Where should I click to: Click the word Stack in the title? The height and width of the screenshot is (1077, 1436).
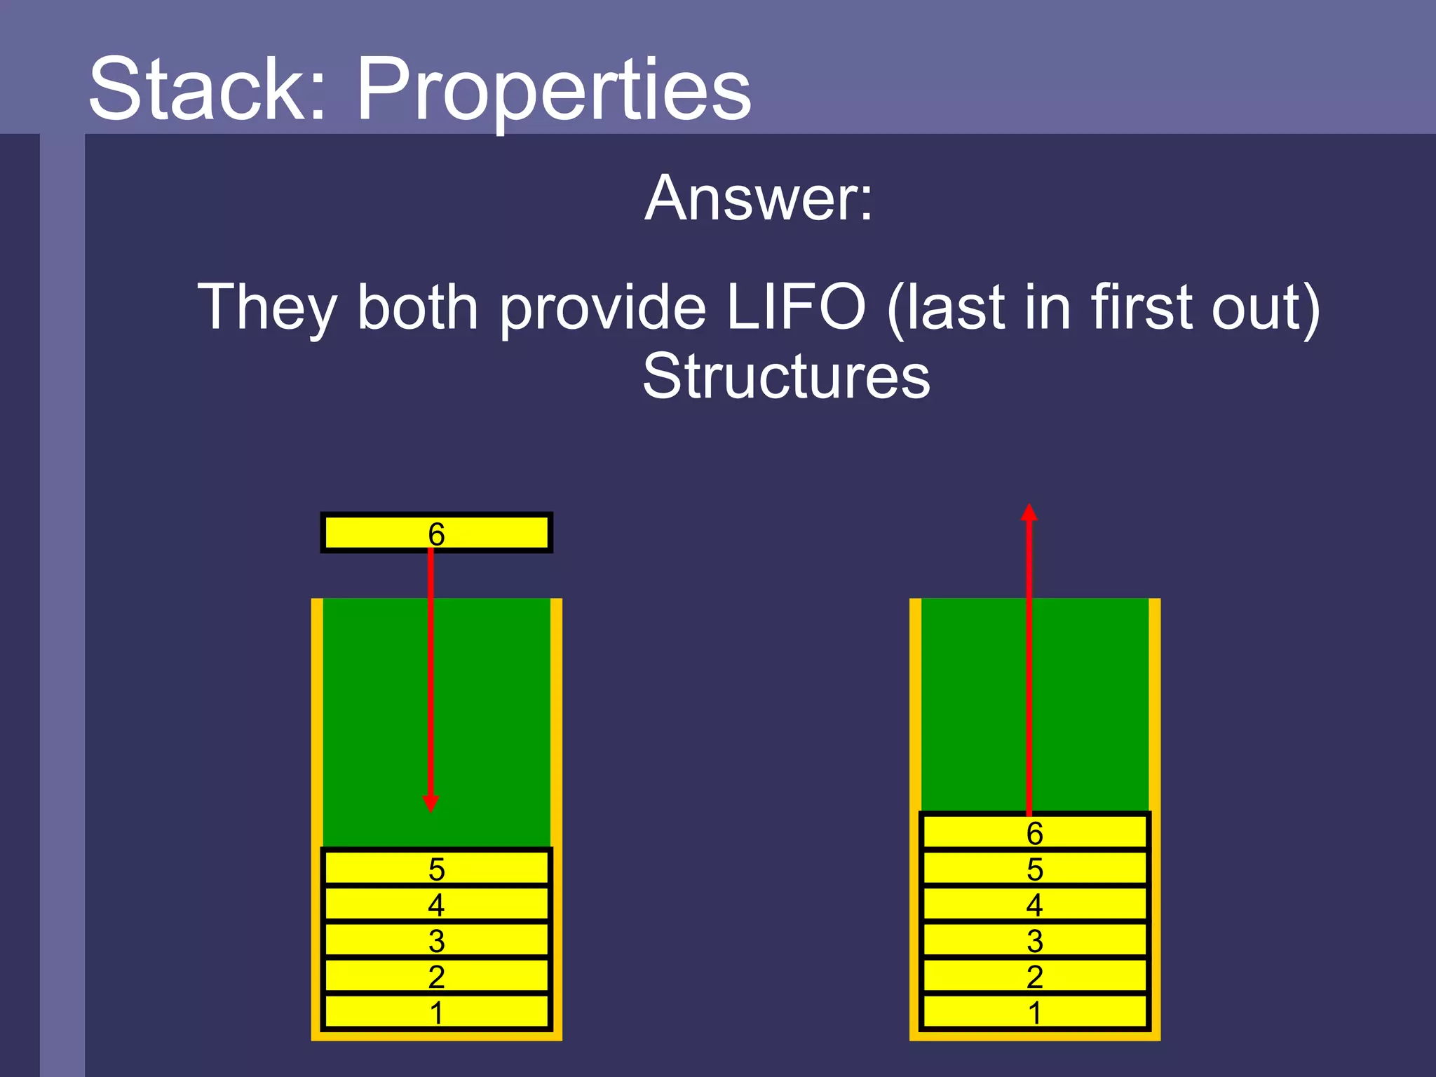[x=207, y=90]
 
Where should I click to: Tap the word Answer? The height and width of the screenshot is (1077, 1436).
[x=759, y=199]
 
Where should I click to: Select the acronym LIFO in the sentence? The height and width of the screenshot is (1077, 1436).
[x=796, y=307]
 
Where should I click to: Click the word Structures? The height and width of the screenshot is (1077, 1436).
[x=786, y=377]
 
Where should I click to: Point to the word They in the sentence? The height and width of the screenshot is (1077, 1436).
[x=267, y=309]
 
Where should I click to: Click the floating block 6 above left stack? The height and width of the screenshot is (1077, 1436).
[x=436, y=534]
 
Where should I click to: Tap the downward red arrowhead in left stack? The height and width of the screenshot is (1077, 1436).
[x=431, y=804]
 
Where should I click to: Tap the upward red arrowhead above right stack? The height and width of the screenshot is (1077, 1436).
[x=1029, y=513]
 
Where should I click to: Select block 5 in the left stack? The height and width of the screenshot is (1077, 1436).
[x=436, y=869]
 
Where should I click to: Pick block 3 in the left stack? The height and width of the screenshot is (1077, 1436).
[x=436, y=940]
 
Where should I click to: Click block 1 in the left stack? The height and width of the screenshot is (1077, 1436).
[x=436, y=1012]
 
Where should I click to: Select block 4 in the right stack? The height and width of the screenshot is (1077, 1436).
[x=1034, y=905]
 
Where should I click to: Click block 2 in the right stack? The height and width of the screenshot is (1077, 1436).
[x=1034, y=976]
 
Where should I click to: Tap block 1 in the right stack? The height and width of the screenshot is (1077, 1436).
[x=1034, y=1012]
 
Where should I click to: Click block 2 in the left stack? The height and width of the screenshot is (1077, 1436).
[x=436, y=976]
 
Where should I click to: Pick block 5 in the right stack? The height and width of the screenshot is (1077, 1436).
[x=1034, y=869]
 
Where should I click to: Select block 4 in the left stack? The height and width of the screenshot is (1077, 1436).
[x=436, y=905]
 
